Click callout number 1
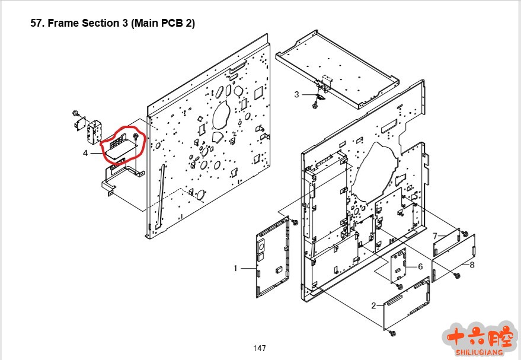point(235,268)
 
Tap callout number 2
point(374,305)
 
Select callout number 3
point(296,95)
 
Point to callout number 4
point(85,153)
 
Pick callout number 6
point(420,267)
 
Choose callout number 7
point(435,236)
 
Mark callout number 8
point(472,265)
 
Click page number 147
point(260,348)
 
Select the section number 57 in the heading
point(37,23)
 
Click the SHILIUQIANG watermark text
point(479,352)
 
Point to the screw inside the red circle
point(136,136)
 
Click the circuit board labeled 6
point(398,266)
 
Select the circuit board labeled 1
point(273,257)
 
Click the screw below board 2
point(392,332)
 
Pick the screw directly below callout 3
point(314,106)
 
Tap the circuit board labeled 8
point(453,258)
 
